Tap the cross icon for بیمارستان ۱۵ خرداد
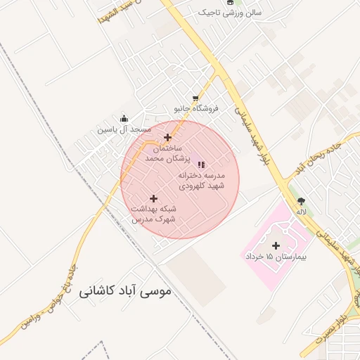tap(276, 245)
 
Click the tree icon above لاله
tap(302, 201)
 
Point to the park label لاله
tap(302, 212)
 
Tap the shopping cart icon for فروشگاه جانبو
tap(195, 98)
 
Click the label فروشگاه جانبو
tap(197, 109)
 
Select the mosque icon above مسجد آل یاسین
tap(124, 118)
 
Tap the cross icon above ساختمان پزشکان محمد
tap(167, 137)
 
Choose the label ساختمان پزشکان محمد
tap(164, 154)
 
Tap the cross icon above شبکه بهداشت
tap(154, 198)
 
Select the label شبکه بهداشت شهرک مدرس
tap(154, 214)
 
